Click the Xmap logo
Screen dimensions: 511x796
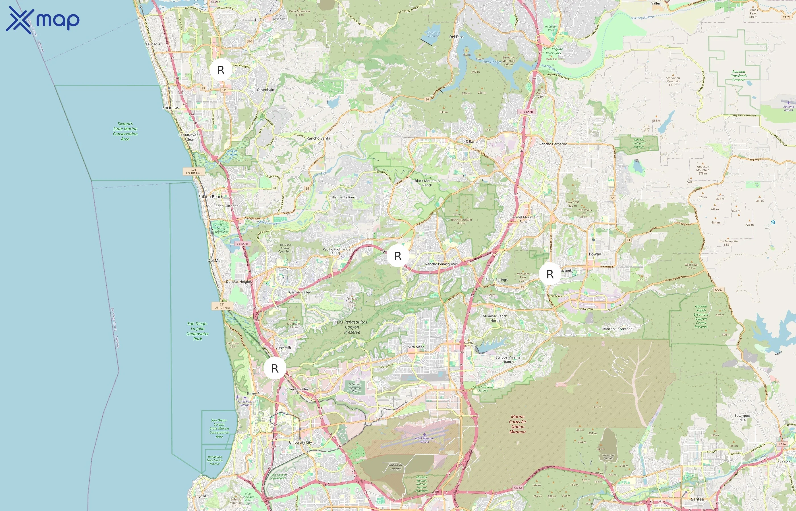click(x=43, y=20)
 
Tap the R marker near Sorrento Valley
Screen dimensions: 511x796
click(x=275, y=368)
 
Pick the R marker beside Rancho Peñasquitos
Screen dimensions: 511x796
click(x=398, y=256)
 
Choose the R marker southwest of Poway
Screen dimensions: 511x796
click(x=550, y=274)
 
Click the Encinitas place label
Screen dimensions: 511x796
click(x=171, y=108)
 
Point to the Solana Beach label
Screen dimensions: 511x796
click(x=211, y=197)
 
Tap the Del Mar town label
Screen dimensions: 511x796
click(x=215, y=261)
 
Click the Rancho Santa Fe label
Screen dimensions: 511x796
click(x=318, y=140)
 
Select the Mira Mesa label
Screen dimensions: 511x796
click(x=416, y=347)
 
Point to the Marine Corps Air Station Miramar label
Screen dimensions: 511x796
click(x=518, y=424)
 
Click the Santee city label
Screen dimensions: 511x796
click(x=697, y=499)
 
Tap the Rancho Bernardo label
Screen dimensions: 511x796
click(x=553, y=144)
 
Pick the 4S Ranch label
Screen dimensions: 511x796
click(x=471, y=141)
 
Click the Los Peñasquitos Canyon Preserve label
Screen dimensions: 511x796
click(x=352, y=327)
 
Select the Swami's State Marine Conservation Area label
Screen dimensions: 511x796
click(x=125, y=131)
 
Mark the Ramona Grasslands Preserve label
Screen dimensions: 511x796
click(x=739, y=76)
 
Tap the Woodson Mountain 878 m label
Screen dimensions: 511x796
click(x=703, y=170)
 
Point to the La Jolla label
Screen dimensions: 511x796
click(x=200, y=496)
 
